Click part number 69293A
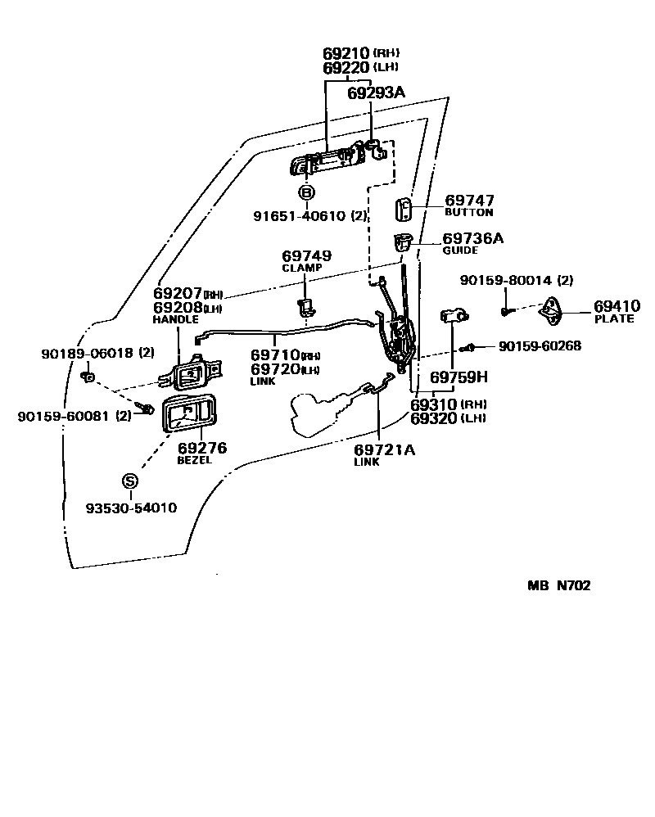click(x=376, y=93)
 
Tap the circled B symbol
click(x=305, y=193)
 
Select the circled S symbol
click(x=130, y=481)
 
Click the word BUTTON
click(x=468, y=213)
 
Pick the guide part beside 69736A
click(x=401, y=243)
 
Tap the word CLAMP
click(x=302, y=268)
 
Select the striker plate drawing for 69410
click(x=556, y=310)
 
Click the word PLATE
click(x=614, y=318)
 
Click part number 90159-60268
click(x=540, y=346)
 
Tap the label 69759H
click(x=458, y=378)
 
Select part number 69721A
click(x=384, y=449)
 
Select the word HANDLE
click(x=176, y=319)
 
